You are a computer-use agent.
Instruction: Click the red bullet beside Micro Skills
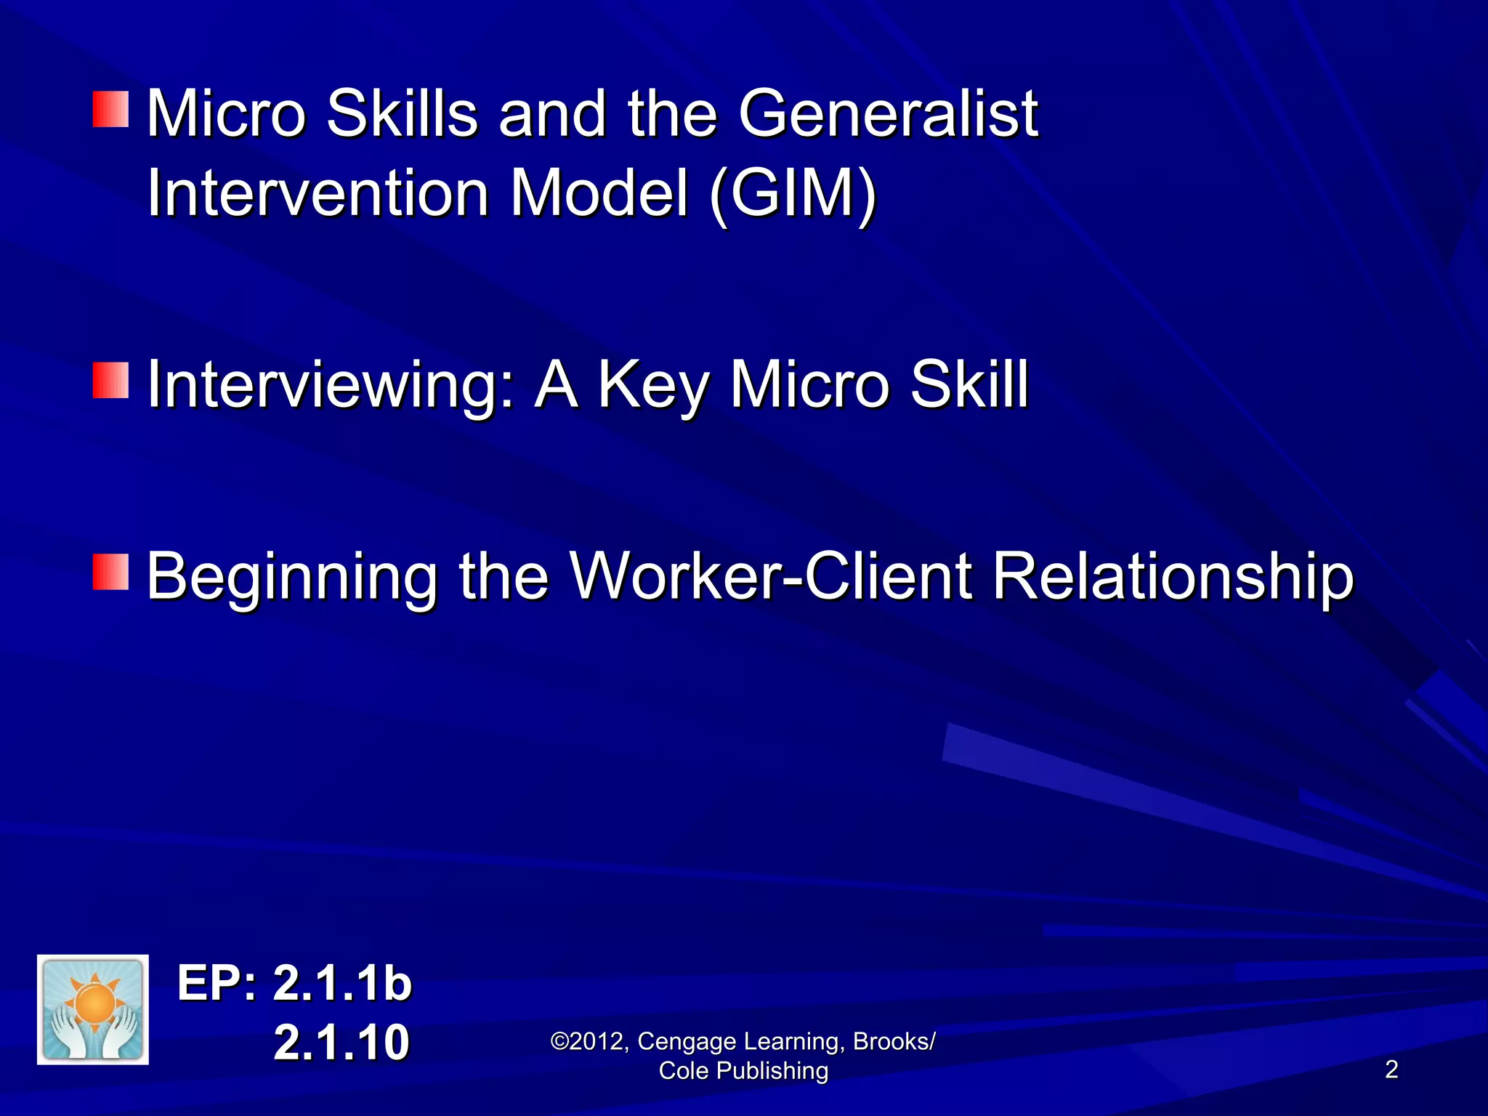[x=110, y=109]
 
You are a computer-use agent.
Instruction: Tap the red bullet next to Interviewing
[x=110, y=381]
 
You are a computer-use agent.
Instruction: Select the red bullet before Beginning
[x=110, y=571]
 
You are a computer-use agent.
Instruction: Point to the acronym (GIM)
[x=793, y=195]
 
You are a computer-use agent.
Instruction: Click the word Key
[x=652, y=385]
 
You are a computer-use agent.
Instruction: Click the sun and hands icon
[x=93, y=1010]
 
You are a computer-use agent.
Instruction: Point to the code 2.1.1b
[x=342, y=984]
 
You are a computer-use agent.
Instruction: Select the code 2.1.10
[x=341, y=1042]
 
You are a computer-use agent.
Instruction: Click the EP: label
[x=217, y=984]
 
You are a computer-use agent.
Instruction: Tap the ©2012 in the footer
[x=589, y=1041]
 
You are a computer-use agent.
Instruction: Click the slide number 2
[x=1391, y=1069]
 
